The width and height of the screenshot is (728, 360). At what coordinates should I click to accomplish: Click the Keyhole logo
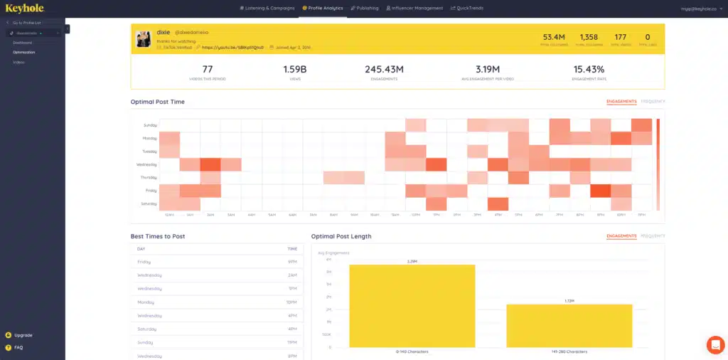(x=25, y=9)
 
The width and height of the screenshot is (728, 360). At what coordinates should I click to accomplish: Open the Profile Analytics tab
(x=322, y=9)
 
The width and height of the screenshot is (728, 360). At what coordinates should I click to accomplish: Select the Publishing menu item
(x=364, y=9)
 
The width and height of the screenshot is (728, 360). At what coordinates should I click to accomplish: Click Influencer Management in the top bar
(x=414, y=9)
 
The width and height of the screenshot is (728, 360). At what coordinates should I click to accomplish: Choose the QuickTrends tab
(x=467, y=9)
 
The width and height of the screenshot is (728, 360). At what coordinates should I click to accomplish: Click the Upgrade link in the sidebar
(x=23, y=335)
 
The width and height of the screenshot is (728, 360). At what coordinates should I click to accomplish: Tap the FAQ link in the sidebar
(x=18, y=347)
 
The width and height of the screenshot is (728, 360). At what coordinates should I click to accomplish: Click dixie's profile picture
(x=144, y=39)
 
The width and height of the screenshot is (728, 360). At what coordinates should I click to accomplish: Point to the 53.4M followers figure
(x=554, y=36)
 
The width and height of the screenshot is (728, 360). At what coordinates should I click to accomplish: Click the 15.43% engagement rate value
(x=588, y=69)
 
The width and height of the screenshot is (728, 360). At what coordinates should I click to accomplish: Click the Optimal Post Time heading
(x=157, y=102)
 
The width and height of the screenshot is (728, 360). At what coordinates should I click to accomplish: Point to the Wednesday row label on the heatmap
(x=147, y=164)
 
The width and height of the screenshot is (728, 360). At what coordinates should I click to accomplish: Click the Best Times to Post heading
(x=158, y=236)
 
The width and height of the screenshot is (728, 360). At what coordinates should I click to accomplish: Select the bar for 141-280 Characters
(x=569, y=326)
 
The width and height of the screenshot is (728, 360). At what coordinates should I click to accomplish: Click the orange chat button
(x=714, y=344)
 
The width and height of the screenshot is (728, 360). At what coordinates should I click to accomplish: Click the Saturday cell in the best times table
(x=148, y=329)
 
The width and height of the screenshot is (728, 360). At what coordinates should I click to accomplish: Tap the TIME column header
(x=292, y=250)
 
